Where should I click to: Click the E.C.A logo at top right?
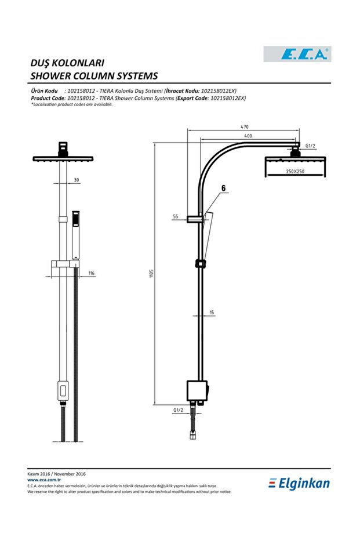(x=297, y=54)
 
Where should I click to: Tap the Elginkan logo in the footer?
(x=299, y=483)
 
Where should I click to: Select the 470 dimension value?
(x=245, y=126)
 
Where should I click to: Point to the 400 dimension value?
(x=248, y=136)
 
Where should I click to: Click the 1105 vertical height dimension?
(x=151, y=273)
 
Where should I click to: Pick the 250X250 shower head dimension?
(x=295, y=172)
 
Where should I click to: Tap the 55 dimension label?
(x=176, y=216)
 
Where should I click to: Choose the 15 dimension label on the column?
(x=212, y=313)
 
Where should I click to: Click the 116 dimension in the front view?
(x=91, y=273)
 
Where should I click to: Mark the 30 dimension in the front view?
(x=77, y=180)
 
